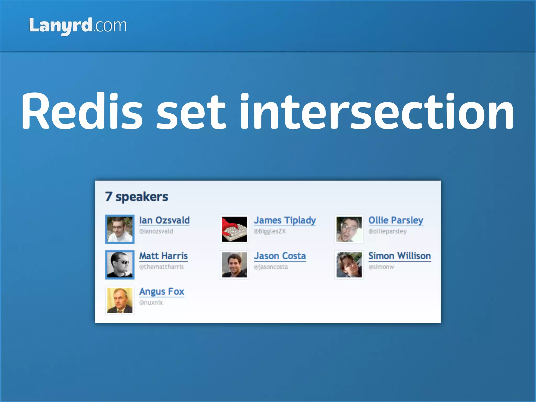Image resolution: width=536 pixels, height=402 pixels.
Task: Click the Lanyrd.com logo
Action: [78, 26]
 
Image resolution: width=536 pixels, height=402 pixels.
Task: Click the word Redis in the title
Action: [82, 111]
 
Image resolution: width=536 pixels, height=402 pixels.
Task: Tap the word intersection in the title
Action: [377, 111]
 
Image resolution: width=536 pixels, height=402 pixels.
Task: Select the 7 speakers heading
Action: [136, 197]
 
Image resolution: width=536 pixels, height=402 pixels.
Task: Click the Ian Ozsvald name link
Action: [164, 220]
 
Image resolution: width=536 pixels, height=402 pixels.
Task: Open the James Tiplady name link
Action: [285, 220]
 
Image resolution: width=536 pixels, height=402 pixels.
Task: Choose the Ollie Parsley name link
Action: [396, 220]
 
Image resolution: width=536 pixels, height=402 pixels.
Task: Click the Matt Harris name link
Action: [163, 256]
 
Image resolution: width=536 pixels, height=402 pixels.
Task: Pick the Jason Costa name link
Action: [280, 256]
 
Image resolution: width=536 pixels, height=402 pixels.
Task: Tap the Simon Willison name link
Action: [399, 256]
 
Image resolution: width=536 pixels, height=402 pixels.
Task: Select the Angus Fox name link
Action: [161, 292]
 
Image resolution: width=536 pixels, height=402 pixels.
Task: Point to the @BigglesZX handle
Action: [270, 231]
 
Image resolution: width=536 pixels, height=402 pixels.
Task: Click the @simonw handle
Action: [381, 267]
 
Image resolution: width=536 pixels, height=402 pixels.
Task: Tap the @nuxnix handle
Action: [151, 303]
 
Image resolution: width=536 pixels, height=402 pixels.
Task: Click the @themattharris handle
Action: [161, 267]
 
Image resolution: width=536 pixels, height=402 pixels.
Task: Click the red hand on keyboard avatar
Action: [234, 229]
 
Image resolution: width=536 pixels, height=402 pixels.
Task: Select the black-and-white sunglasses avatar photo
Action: [120, 265]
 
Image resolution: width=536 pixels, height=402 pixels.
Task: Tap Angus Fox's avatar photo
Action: [120, 300]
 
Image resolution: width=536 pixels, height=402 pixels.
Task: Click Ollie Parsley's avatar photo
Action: [349, 229]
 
